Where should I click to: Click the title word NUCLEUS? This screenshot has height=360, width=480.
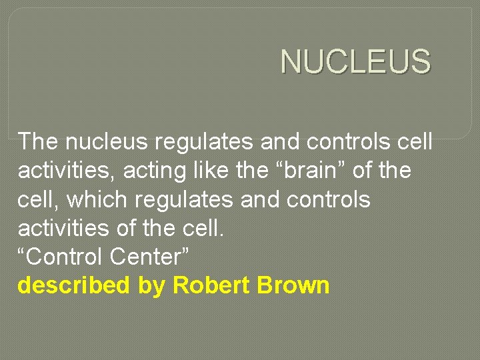coord(355,62)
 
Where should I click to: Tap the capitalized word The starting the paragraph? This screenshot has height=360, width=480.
coord(39,141)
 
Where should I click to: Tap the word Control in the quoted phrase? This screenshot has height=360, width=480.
coord(60,257)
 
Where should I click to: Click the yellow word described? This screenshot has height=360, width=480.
coord(73,285)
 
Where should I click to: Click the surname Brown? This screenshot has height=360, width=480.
coord(296,285)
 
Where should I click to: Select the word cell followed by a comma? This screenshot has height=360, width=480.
coord(35,199)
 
